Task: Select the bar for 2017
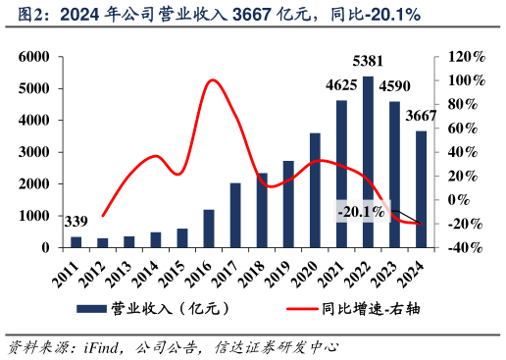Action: [x=235, y=215]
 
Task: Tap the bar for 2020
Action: [x=315, y=190]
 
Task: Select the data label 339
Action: [x=76, y=220]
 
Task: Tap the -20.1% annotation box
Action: [x=361, y=211]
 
